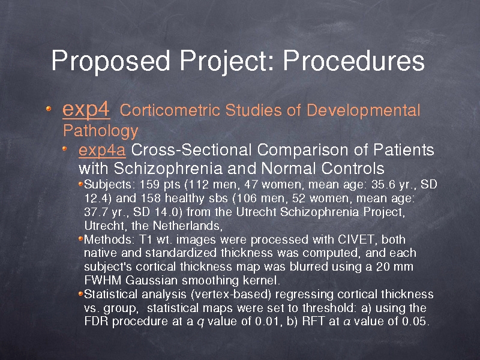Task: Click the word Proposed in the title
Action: pyautogui.click(x=110, y=61)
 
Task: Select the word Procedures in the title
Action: pyautogui.click(x=353, y=61)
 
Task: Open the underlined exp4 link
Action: pyautogui.click(x=86, y=110)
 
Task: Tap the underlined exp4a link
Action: pyautogui.click(x=102, y=151)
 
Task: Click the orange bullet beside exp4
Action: pyautogui.click(x=49, y=109)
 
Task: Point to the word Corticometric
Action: pyautogui.click(x=170, y=110)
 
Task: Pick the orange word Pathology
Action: pyautogui.click(x=101, y=131)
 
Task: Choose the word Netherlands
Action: pyautogui.click(x=187, y=226)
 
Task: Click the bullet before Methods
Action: pyautogui.click(x=81, y=239)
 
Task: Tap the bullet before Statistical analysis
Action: pyautogui.click(x=81, y=294)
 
